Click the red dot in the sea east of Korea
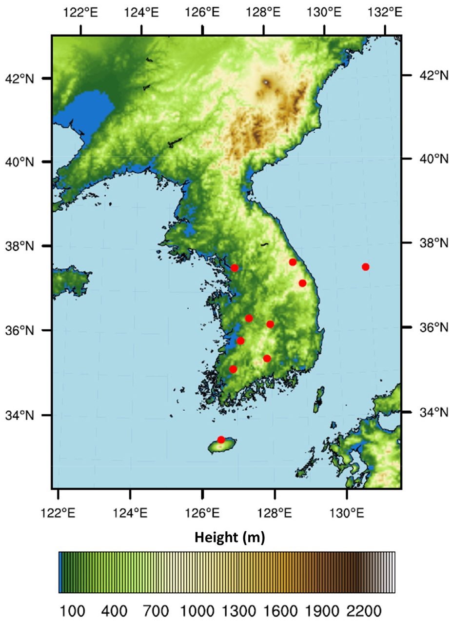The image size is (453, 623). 365,266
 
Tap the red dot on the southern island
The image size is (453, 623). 221,440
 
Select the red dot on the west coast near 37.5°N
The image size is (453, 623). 235,268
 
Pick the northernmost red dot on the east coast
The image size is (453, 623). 293,262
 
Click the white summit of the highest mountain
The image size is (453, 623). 266,82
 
